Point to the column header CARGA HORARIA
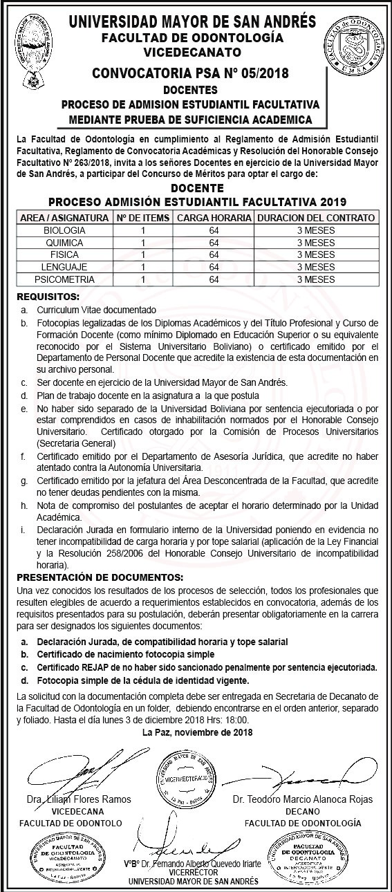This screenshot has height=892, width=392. click(x=214, y=218)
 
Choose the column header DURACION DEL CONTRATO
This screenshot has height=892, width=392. click(x=315, y=218)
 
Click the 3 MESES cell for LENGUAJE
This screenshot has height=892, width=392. click(x=315, y=267)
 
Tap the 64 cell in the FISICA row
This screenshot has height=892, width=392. click(x=214, y=254)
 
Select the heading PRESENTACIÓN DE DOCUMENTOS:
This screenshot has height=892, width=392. click(x=100, y=577)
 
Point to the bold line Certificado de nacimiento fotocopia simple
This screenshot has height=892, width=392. click(x=126, y=654)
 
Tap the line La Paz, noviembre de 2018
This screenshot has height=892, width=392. click(x=197, y=732)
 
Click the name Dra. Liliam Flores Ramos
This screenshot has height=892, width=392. click(x=79, y=799)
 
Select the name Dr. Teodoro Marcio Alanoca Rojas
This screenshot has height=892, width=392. click(x=303, y=799)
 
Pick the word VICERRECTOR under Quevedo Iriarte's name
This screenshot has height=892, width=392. click(x=192, y=873)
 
